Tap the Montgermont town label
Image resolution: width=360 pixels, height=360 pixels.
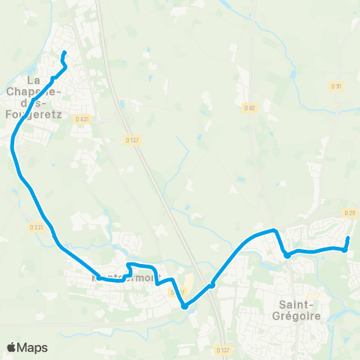pyautogui.click(x=126, y=277)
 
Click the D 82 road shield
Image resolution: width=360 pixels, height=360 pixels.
pyautogui.click(x=250, y=107)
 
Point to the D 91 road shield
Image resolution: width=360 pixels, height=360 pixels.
pyautogui.click(x=336, y=85)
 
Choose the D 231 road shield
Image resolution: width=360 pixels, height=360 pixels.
pyautogui.click(x=37, y=226)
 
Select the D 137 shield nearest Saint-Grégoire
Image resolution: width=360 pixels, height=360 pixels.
pyautogui.click(x=222, y=349)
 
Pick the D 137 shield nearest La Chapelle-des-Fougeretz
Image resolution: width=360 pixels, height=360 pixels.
pyautogui.click(x=132, y=139)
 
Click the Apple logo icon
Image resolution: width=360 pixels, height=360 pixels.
pyautogui.click(x=11, y=347)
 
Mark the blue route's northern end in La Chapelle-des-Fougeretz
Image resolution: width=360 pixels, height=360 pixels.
pyautogui.click(x=63, y=52)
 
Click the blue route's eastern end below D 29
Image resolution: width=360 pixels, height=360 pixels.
pyautogui.click(x=348, y=238)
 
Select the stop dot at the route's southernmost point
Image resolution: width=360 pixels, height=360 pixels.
pyautogui.click(x=184, y=305)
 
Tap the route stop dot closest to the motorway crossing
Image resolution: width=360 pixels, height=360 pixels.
pyautogui.click(x=212, y=284)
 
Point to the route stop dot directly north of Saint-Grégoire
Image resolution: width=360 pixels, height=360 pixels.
pyautogui.click(x=287, y=256)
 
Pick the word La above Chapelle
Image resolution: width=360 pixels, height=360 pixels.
pyautogui.click(x=34, y=79)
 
